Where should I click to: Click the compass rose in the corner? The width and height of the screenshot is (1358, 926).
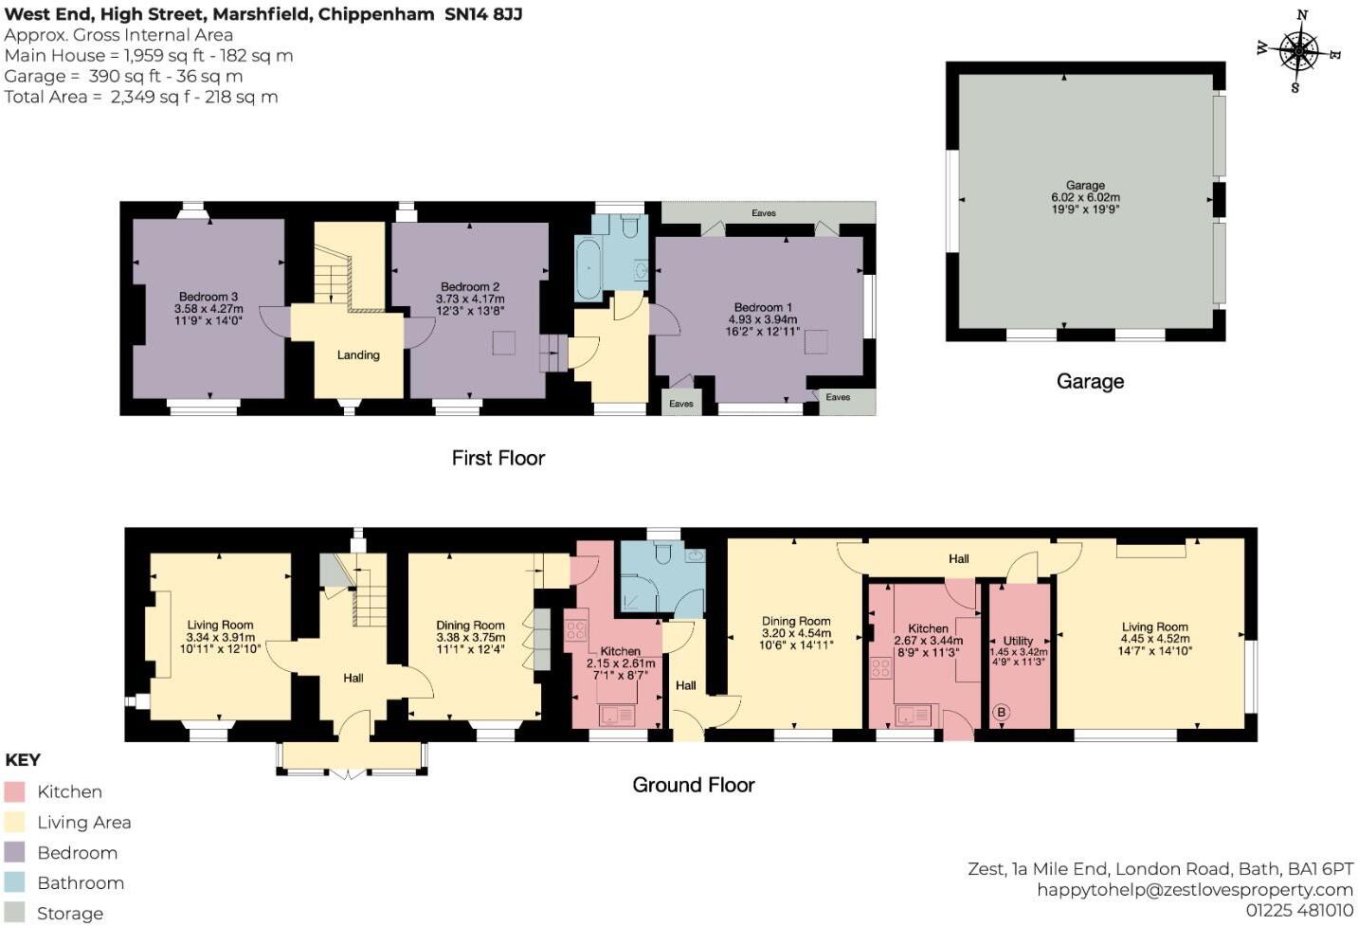(x=1298, y=51)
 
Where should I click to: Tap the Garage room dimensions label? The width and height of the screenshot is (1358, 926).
(x=1085, y=198)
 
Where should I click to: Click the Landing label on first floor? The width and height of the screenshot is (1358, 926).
(x=358, y=354)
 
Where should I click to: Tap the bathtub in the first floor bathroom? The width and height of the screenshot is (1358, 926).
(x=588, y=269)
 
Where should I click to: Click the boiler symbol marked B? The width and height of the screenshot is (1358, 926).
(x=1001, y=712)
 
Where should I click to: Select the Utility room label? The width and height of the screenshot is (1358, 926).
(x=1018, y=641)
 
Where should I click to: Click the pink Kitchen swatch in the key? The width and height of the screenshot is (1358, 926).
(x=14, y=791)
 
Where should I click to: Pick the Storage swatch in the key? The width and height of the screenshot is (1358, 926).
(x=14, y=913)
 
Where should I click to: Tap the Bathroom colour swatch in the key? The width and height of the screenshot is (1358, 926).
(x=14, y=882)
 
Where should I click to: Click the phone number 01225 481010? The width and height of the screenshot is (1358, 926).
(x=1299, y=910)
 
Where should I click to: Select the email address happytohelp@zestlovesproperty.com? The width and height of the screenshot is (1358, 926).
(x=1194, y=889)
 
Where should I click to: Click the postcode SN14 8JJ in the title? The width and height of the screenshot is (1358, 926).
(x=483, y=14)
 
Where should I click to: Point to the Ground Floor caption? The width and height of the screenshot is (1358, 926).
(x=693, y=785)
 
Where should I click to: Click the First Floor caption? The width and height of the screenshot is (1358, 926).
(x=498, y=458)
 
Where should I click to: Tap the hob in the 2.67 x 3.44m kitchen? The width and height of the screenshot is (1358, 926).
(x=880, y=668)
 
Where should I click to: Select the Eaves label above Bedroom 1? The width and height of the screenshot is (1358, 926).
(x=764, y=213)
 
